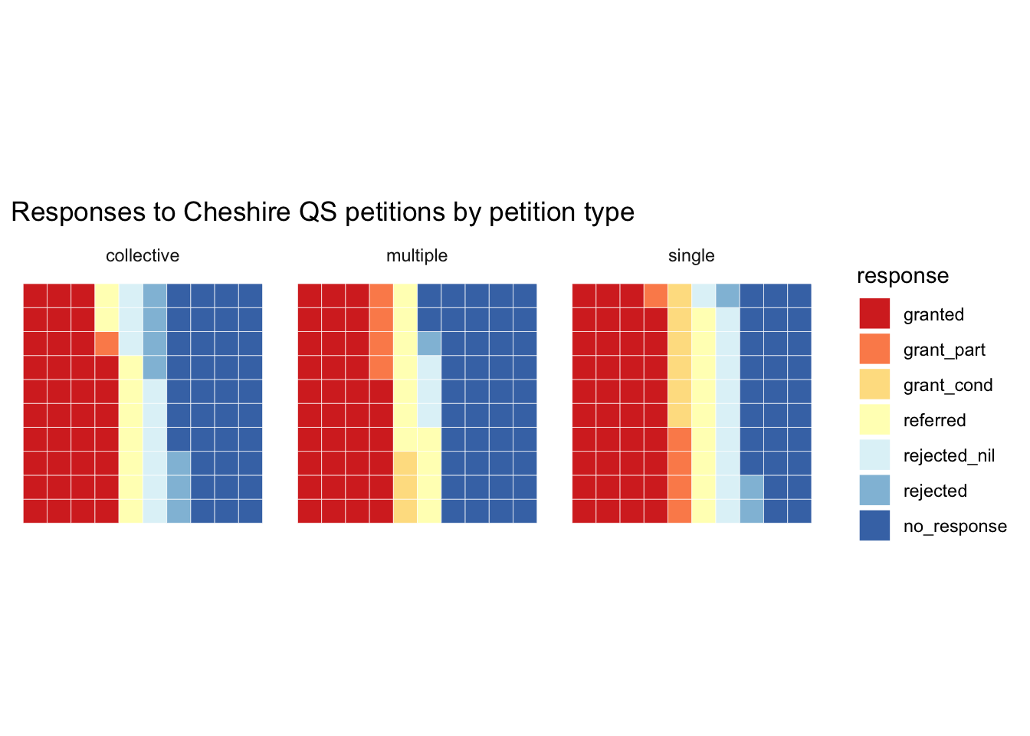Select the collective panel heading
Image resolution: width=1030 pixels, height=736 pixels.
coord(143,256)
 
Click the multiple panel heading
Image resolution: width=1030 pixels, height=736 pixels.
coord(417,256)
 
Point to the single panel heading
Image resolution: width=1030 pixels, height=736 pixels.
coord(691,256)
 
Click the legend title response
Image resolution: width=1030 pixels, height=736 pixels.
coord(902,276)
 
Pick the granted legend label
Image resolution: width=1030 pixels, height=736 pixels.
coord(933,314)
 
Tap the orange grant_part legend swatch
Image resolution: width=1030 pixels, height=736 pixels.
coord(874,349)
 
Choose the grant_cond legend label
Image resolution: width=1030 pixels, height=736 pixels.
coord(948,385)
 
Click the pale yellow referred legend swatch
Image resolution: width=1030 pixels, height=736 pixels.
coord(874,419)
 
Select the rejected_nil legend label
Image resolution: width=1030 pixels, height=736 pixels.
coord(949,455)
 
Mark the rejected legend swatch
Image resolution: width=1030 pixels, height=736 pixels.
coord(874,490)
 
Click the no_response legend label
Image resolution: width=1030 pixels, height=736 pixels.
coord(955,526)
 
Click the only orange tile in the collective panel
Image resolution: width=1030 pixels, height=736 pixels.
coord(107,343)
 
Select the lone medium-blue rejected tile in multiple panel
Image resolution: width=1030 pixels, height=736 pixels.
coord(429,343)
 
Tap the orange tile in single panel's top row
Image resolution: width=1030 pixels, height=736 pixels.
coord(656,295)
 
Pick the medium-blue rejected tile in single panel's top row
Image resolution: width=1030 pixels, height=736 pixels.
coord(727,295)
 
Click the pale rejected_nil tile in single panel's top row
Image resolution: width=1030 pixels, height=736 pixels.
coord(704,295)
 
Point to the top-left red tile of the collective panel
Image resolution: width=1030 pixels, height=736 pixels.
coord(35,295)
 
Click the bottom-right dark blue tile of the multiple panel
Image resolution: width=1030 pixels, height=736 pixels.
coord(525,511)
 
